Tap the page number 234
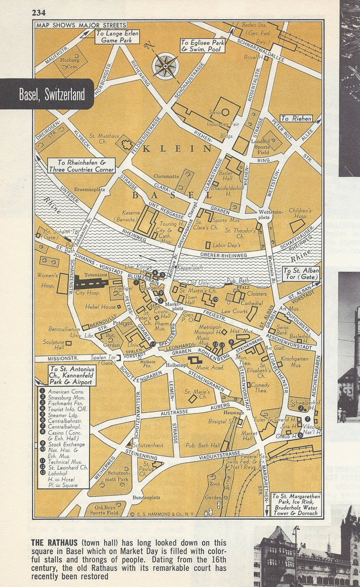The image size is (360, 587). click(39, 13)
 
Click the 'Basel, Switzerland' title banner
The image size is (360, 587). click(52, 94)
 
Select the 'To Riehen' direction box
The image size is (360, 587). click(296, 119)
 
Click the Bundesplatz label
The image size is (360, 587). click(146, 497)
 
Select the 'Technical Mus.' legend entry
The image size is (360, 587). click(64, 462)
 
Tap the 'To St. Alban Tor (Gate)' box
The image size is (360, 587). click(301, 273)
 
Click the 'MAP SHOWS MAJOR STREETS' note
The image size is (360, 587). click(81, 25)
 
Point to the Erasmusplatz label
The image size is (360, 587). click(90, 189)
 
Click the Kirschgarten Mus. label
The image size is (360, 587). click(295, 362)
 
